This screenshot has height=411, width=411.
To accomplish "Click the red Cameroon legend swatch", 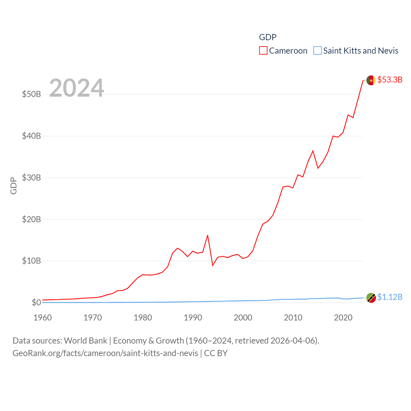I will click(x=263, y=51).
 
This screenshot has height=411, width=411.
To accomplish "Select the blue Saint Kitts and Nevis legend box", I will click(x=317, y=51).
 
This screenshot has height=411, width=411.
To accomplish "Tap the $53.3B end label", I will click(x=390, y=80).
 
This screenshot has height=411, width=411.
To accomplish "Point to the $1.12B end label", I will click(x=390, y=297).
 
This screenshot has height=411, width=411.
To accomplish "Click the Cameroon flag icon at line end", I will click(x=371, y=80).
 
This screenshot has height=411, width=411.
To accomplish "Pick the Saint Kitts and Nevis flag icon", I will click(x=371, y=298).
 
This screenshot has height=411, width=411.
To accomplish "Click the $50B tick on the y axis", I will click(x=31, y=94).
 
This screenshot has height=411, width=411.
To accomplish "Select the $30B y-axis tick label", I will click(x=31, y=178).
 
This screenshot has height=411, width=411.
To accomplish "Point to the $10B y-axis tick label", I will click(x=31, y=261).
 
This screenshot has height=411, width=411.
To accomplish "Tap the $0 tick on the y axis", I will click(x=36, y=302).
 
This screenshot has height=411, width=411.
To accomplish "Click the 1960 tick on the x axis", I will click(x=43, y=318).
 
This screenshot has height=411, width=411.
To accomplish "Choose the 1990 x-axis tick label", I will click(x=193, y=318).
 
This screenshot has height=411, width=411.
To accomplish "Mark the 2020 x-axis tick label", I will click(x=343, y=318).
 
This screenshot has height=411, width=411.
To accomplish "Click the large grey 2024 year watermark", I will click(x=77, y=88).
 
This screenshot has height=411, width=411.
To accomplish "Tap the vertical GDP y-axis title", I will click(x=13, y=186).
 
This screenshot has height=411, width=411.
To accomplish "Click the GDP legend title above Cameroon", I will click(x=268, y=37).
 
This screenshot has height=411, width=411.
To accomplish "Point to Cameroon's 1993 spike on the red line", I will click(x=208, y=235).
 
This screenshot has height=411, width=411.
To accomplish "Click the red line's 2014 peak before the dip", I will click(x=313, y=151).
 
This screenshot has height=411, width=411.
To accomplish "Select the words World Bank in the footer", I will click(x=85, y=341).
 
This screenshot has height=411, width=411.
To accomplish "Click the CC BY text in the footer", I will click(x=216, y=353).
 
